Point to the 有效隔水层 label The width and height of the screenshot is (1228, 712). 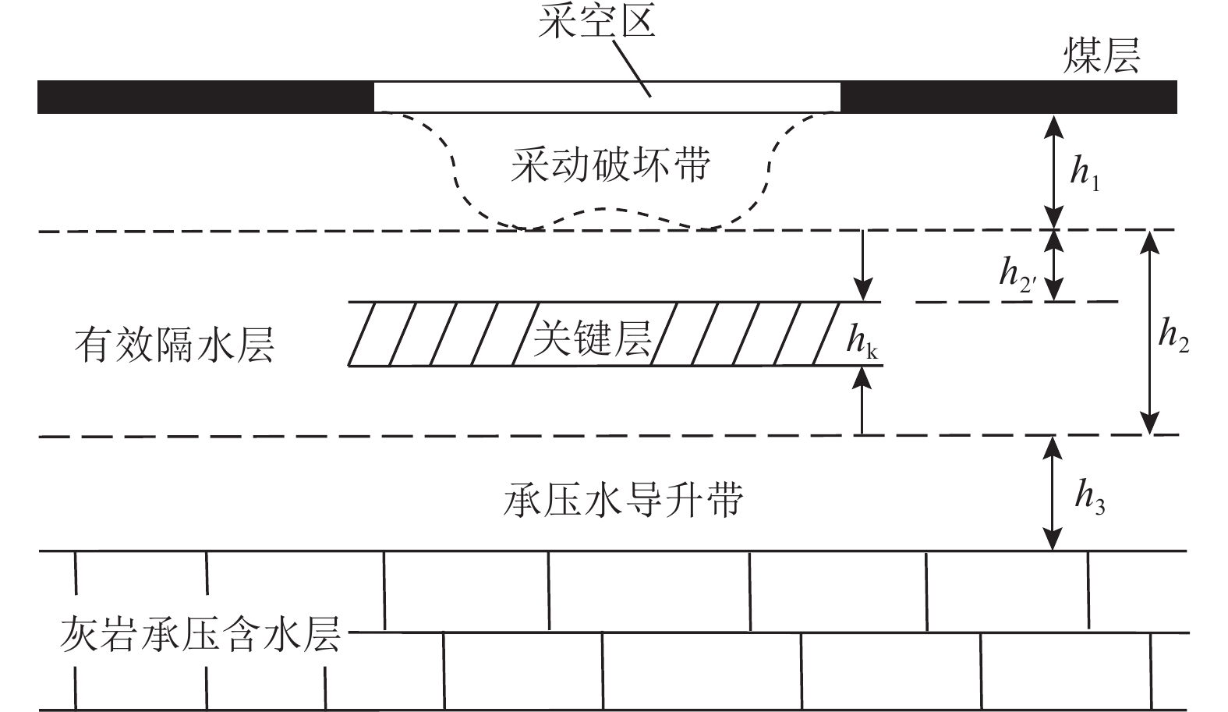pyautogui.click(x=175, y=345)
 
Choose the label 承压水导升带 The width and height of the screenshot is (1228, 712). pyautogui.click(x=623, y=500)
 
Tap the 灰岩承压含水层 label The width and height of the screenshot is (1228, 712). pyautogui.click(x=200, y=634)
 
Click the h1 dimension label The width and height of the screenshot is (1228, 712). pyautogui.click(x=1085, y=173)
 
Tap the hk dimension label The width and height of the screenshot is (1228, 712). pyautogui.click(x=862, y=343)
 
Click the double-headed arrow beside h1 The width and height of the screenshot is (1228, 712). pyautogui.click(x=1053, y=172)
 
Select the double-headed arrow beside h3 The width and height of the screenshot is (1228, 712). pyautogui.click(x=1053, y=493)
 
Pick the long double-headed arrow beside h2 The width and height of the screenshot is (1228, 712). pyautogui.click(x=1148, y=332)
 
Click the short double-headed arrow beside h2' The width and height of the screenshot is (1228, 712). pyautogui.click(x=1053, y=265)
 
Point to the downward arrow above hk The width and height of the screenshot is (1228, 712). pyautogui.click(x=862, y=265)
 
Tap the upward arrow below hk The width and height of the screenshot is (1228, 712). pyautogui.click(x=862, y=400)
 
